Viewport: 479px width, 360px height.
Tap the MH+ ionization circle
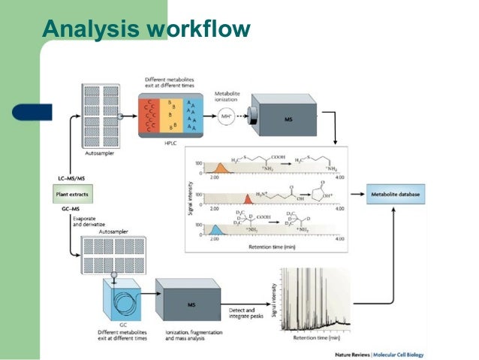click(x=227, y=116)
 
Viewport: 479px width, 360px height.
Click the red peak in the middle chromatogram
click(x=246, y=198)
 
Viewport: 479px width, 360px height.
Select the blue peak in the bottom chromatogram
click(x=215, y=230)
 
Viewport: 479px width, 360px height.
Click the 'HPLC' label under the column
click(x=171, y=141)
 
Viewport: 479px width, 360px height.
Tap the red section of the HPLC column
click(x=151, y=115)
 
